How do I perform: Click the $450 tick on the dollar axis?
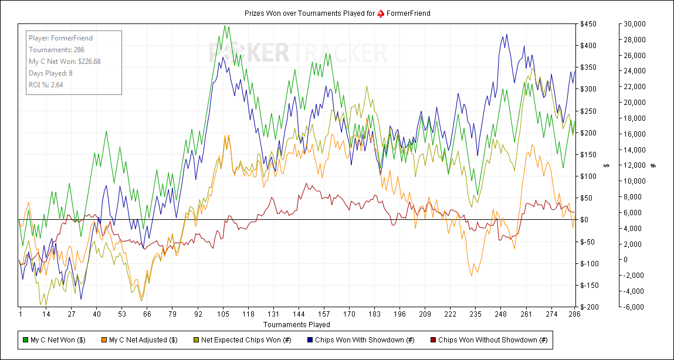click(x=588, y=24)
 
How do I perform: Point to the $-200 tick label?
click(x=588, y=307)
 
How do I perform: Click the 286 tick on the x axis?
click(x=574, y=314)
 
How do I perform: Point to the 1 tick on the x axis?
click(x=21, y=314)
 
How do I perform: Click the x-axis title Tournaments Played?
click(x=296, y=324)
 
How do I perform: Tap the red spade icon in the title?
click(x=380, y=13)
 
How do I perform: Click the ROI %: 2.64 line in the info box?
click(x=46, y=84)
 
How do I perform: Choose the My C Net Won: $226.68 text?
click(x=65, y=61)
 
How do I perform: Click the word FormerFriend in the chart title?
click(x=408, y=13)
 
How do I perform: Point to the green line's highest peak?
click(x=225, y=25)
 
